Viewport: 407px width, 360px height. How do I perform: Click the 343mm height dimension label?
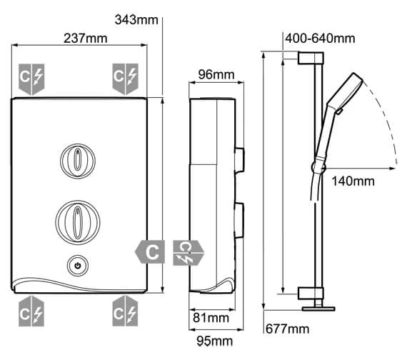tap(136, 20)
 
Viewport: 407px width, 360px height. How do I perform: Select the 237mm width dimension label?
tap(86, 39)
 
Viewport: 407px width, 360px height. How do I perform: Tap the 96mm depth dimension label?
tap(216, 74)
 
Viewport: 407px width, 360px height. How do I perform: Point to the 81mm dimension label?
tap(211, 318)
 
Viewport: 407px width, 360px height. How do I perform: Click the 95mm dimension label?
tap(214, 341)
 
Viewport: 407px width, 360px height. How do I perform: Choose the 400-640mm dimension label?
tap(320, 39)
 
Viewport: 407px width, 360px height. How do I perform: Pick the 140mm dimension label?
tap(353, 181)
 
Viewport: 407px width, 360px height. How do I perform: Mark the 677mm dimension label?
tap(288, 329)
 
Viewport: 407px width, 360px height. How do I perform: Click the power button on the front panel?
tap(78, 266)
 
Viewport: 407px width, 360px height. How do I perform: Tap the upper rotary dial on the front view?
tap(78, 161)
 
